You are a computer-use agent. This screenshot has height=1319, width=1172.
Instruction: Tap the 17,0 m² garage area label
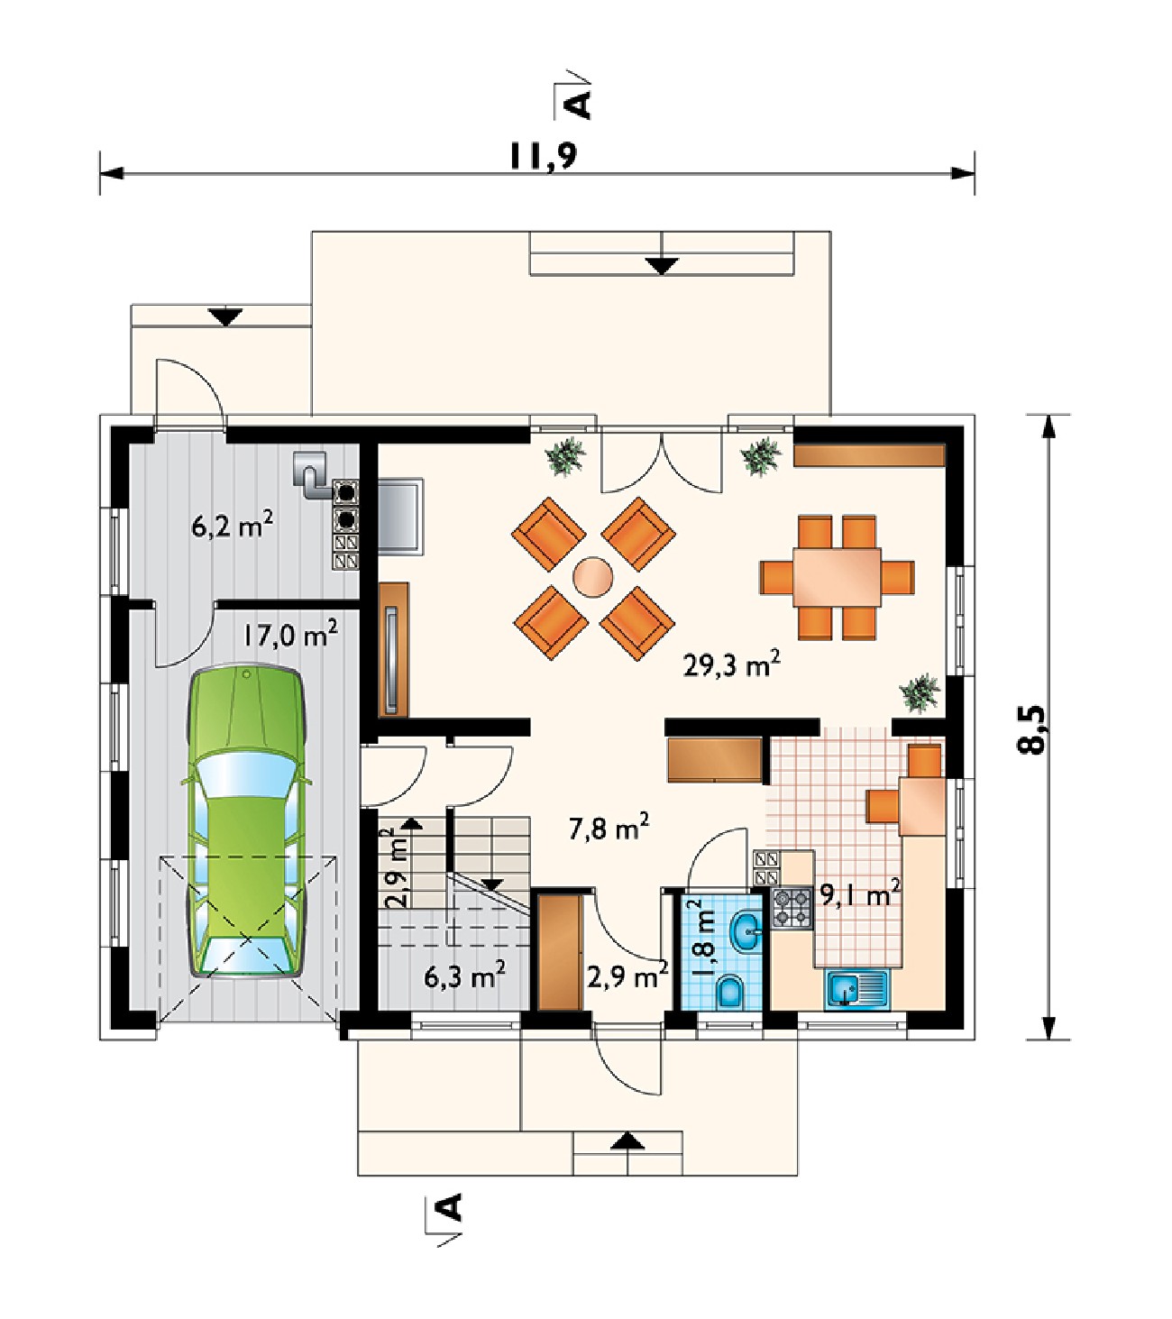(x=290, y=634)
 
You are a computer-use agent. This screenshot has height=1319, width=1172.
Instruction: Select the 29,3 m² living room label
(x=731, y=665)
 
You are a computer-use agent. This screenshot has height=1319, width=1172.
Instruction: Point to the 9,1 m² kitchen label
(x=859, y=896)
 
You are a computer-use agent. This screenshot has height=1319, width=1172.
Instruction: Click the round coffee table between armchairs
(x=592, y=576)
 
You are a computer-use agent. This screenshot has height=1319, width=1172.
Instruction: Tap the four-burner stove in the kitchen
(x=792, y=907)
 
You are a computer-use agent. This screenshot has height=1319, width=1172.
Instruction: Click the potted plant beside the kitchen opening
(x=920, y=693)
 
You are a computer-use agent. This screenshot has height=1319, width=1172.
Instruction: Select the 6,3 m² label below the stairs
(x=465, y=977)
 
